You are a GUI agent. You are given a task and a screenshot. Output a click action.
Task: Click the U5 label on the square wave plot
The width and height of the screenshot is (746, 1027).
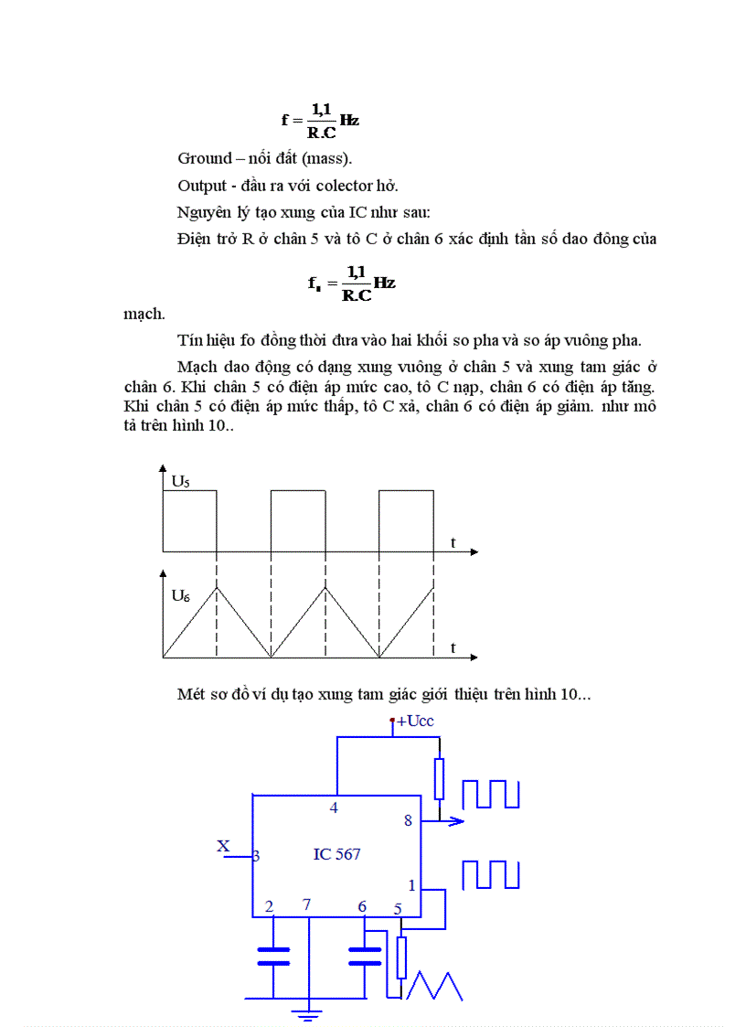[x=181, y=480]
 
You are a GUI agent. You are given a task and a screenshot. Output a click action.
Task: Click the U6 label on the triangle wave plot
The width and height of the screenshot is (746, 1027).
[x=181, y=595]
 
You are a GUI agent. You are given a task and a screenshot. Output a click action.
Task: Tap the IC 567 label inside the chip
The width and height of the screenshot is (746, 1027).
[x=336, y=854]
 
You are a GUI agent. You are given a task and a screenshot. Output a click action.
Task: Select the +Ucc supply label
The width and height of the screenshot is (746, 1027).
[x=414, y=722]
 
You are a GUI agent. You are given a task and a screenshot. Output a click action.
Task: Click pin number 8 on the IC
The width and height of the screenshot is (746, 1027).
[x=409, y=820]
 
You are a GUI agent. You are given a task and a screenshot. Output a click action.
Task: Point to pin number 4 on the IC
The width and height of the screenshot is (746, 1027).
[x=334, y=808]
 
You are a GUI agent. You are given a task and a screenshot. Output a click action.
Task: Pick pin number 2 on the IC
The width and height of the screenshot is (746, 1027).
[x=269, y=906]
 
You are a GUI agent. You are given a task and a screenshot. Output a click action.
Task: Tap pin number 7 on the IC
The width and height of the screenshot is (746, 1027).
[x=307, y=905]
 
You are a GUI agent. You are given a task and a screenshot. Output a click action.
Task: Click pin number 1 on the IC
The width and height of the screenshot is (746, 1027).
[x=411, y=885]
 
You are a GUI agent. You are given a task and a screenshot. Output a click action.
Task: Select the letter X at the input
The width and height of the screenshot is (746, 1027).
[x=223, y=846]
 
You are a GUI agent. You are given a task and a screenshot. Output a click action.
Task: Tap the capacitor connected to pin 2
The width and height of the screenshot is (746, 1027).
[x=273, y=957]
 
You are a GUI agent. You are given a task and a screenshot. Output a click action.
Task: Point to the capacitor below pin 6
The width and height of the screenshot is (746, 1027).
[x=365, y=957]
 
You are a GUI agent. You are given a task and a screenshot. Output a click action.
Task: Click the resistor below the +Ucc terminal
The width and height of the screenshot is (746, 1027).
[x=440, y=778]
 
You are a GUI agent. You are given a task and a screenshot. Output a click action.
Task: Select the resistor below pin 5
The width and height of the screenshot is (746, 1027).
[x=400, y=957]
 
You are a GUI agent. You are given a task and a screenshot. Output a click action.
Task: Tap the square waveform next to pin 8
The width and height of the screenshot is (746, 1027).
[x=491, y=794]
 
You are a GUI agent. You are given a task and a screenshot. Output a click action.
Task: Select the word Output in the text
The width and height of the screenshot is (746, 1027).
[x=201, y=186]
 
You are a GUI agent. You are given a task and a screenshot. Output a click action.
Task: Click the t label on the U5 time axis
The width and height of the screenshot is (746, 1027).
[x=453, y=542]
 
